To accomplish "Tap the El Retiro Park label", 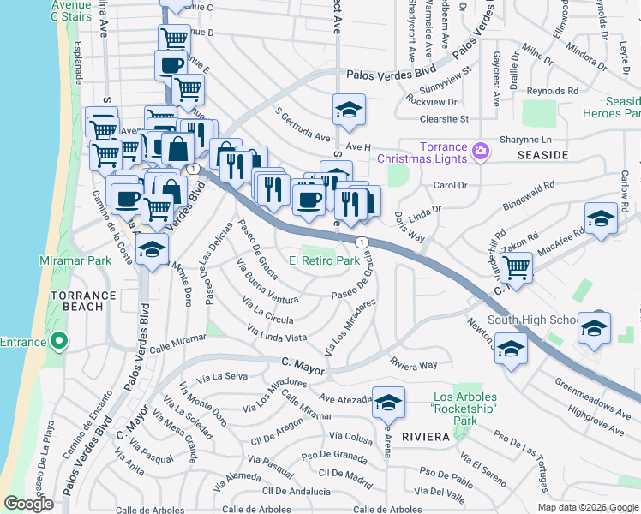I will coord(324,260).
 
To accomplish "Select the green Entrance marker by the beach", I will coord(59,343).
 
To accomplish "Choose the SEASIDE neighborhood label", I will coord(542,155).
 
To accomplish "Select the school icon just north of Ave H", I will coord(349,109).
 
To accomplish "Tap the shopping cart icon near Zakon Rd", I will coord(516,266).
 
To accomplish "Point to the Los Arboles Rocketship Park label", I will coord(464,409).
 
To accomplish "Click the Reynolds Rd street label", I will coord(553,91).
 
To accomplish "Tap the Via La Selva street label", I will coord(222,377).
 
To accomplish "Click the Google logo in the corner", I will coord(28,504).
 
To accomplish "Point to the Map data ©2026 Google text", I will coord(587,507).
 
